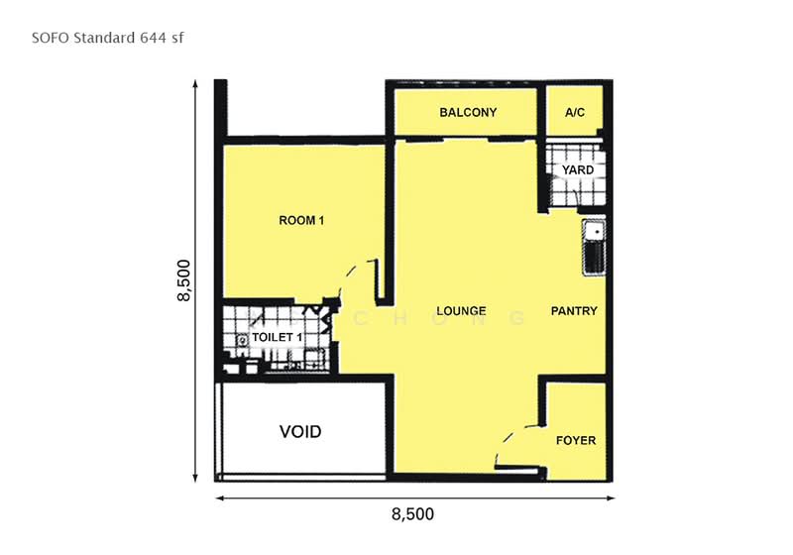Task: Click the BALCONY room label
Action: click(468, 112)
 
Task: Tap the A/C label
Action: click(575, 112)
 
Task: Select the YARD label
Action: click(578, 169)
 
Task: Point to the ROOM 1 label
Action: click(301, 220)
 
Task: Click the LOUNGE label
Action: click(461, 311)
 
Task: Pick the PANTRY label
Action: click(574, 311)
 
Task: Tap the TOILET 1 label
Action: click(278, 337)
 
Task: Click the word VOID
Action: click(300, 432)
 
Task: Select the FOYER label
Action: click(576, 441)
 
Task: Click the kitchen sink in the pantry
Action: click(594, 247)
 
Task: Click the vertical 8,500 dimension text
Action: click(183, 280)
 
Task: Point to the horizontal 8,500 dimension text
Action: click(412, 514)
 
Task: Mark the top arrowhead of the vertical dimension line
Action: click(195, 83)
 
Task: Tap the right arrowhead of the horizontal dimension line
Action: click(611, 499)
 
